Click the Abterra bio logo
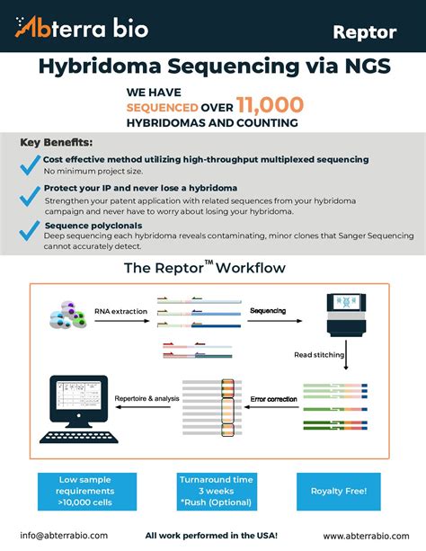[82, 27]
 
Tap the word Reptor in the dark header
[365, 32]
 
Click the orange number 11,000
[270, 105]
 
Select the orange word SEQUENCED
[163, 108]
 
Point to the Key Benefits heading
[57, 142]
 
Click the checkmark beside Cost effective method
[31, 164]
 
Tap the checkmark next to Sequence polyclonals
[30, 230]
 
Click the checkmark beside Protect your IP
[31, 196]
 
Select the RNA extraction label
[121, 311]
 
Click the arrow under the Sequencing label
[275, 321]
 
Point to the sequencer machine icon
[346, 315]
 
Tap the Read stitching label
[319, 355]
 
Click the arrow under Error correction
[271, 407]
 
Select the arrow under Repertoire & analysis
[143, 407]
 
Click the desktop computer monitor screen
[79, 395]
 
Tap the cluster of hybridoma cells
[68, 315]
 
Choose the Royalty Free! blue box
[339, 492]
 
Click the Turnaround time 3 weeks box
[217, 492]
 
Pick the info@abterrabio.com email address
[64, 536]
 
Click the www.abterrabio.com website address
[367, 536]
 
